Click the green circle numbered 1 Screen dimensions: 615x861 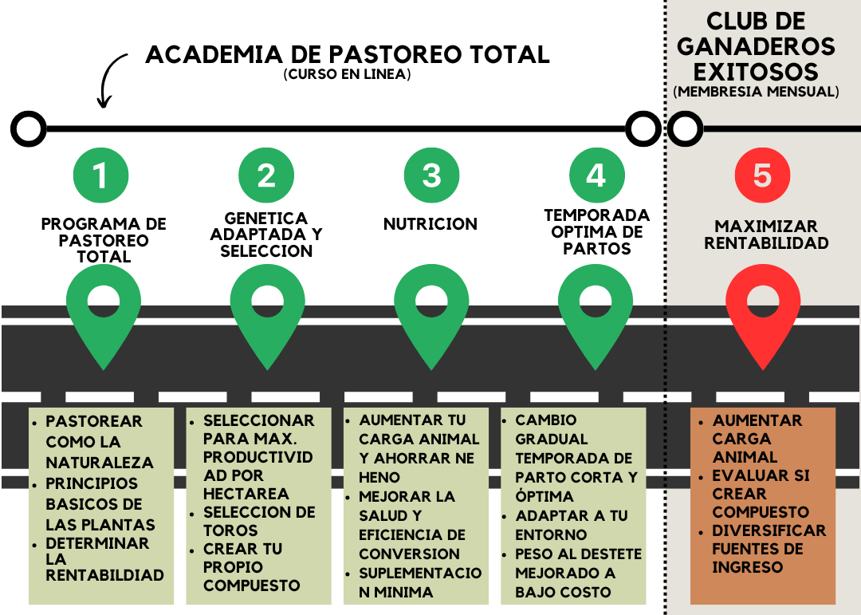pyautogui.click(x=100, y=175)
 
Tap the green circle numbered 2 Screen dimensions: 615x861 pyautogui.click(x=265, y=175)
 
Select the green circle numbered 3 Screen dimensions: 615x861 pyautogui.click(x=431, y=175)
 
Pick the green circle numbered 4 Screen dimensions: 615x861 pyautogui.click(x=596, y=175)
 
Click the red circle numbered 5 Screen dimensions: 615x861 pyautogui.click(x=762, y=175)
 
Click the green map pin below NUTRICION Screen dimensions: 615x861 pyautogui.click(x=431, y=315)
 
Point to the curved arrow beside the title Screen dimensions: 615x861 pyautogui.click(x=111, y=80)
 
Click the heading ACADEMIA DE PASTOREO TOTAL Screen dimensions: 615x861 pyautogui.click(x=348, y=55)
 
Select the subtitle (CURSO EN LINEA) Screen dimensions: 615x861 pyautogui.click(x=347, y=75)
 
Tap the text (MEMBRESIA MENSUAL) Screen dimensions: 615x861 pyautogui.click(x=756, y=92)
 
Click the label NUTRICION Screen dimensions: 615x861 pyautogui.click(x=431, y=224)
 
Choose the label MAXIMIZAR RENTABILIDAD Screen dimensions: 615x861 pyautogui.click(x=761, y=235)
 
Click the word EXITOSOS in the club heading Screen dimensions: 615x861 pyautogui.click(x=756, y=71)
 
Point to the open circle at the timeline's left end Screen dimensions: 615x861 pyautogui.click(x=29, y=128)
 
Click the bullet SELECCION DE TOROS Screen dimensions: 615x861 pyautogui.click(x=259, y=521)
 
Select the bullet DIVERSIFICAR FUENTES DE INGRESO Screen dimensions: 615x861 pyautogui.click(x=769, y=549)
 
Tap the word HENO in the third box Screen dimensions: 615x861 pyautogui.click(x=379, y=477)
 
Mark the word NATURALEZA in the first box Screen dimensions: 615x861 pyautogui.click(x=99, y=463)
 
